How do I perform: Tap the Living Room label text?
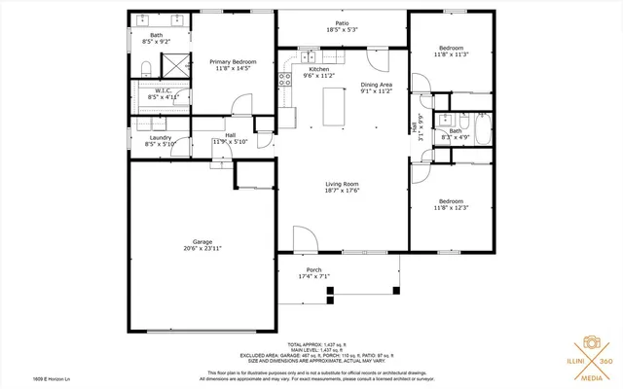tap(342, 184)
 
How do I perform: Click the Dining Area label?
tap(376, 86)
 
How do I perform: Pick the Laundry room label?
tap(161, 137)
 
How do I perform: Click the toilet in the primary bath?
tap(143, 67)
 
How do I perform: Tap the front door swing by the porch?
tap(304, 240)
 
